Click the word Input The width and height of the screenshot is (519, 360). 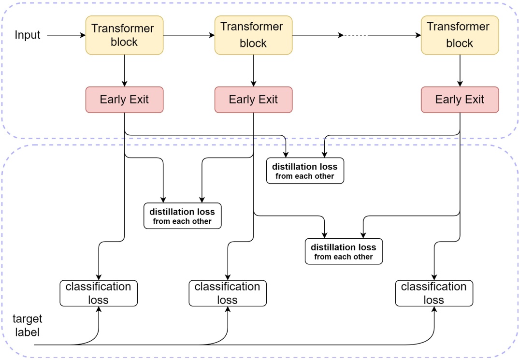pos(28,35)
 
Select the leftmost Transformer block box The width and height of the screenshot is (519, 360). pos(125,35)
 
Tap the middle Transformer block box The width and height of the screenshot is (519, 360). pos(253,35)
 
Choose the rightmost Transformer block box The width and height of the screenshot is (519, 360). pos(460,35)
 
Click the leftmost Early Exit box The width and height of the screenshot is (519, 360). pos(125,100)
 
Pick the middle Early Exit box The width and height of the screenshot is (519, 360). pos(253,100)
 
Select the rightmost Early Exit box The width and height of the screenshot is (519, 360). pos(460,100)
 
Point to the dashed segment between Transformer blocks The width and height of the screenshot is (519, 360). pos(355,35)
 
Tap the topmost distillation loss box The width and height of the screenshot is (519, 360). pos(305,171)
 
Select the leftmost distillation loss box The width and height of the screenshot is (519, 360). pos(182,216)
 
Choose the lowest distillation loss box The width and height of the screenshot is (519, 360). pos(344,251)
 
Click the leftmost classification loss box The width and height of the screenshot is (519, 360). pos(99,293)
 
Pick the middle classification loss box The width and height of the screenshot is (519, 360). pos(227,293)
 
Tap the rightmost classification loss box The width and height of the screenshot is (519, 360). pos(434,293)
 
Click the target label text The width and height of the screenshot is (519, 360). pos(28,325)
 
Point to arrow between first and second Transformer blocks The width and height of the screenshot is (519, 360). pos(189,35)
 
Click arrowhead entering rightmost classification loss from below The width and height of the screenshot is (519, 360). pos(434,310)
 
